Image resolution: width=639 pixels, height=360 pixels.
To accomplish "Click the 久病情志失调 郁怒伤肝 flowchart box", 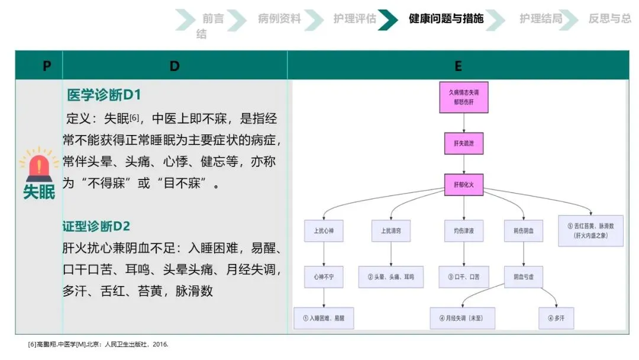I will pyautogui.click(x=464, y=98).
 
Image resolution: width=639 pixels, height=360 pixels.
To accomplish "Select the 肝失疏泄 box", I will pyautogui.click(x=464, y=143).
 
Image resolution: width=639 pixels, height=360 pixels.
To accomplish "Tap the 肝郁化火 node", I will pyautogui.click(x=464, y=185).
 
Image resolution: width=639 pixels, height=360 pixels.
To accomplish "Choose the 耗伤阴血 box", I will pyautogui.click(x=524, y=231).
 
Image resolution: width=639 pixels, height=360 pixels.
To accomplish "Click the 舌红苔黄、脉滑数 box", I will pyautogui.click(x=591, y=231).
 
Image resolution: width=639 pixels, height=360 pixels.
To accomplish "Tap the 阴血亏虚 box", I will pyautogui.click(x=524, y=277).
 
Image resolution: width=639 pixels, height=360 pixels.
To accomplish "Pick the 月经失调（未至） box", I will pyautogui.click(x=462, y=318).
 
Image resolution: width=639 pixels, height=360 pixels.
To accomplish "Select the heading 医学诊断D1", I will pyautogui.click(x=104, y=95).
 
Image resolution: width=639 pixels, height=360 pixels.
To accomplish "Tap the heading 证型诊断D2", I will pyautogui.click(x=96, y=226).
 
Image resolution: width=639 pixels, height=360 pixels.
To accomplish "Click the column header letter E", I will pyautogui.click(x=458, y=66).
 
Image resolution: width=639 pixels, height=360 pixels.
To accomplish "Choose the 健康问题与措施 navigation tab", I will pyautogui.click(x=446, y=19).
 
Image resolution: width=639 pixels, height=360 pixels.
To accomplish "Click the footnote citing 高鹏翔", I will pyautogui.click(x=98, y=344).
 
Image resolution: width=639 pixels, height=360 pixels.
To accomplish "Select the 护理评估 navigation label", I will pyautogui.click(x=354, y=19).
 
